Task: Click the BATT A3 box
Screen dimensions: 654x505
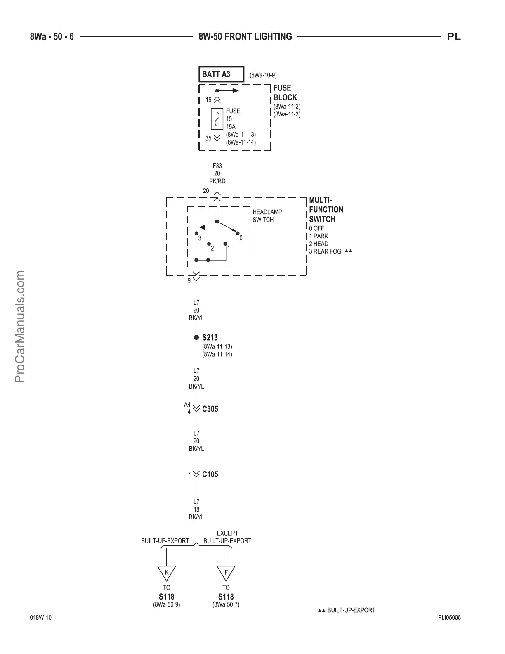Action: [x=221, y=74]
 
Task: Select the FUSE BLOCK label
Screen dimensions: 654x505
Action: [x=285, y=93]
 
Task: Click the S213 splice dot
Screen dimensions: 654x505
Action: [x=196, y=337]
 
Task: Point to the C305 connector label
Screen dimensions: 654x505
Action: [x=210, y=409]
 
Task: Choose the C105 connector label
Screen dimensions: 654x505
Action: [x=210, y=474]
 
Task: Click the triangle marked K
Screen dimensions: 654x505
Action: [x=167, y=573]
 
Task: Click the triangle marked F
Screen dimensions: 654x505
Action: [x=226, y=573]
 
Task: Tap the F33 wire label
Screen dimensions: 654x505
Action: [x=217, y=166]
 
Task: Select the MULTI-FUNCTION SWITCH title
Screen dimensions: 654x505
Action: [x=326, y=210]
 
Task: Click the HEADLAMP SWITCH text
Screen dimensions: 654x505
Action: [x=267, y=216]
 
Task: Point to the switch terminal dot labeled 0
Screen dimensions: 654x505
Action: [x=237, y=233]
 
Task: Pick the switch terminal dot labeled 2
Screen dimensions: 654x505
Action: [x=209, y=244]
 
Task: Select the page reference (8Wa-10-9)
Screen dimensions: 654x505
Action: [x=263, y=75]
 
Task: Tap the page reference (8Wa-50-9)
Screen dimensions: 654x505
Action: [x=167, y=604]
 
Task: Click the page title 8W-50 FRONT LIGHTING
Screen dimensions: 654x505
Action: [x=245, y=37]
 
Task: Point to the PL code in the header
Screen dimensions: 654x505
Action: [x=454, y=37]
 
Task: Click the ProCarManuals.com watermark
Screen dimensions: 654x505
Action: [x=20, y=326]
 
